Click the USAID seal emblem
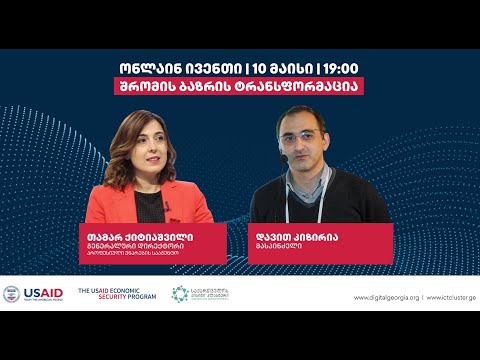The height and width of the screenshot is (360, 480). pos(11,294)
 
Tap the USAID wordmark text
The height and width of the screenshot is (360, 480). pos(44,294)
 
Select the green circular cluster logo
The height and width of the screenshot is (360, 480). pos(180,294)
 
